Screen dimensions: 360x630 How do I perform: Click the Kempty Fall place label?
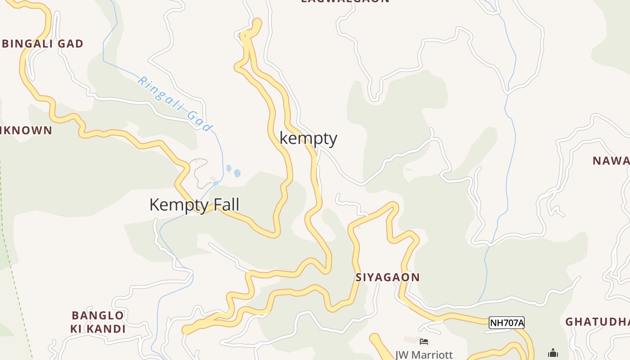tap(194, 205)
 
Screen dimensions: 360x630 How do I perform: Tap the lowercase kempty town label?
tap(308, 138)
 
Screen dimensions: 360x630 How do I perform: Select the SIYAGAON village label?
tap(387, 277)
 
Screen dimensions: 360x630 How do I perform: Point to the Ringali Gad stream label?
tap(175, 103)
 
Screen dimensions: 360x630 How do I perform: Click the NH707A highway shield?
tap(507, 323)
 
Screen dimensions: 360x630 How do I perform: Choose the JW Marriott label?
tap(424, 355)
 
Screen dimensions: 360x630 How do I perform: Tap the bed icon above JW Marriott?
tap(424, 342)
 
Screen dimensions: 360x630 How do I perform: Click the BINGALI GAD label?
tap(43, 44)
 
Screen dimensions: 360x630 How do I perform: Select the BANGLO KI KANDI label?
tap(98, 322)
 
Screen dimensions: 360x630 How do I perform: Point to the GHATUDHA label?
tap(598, 322)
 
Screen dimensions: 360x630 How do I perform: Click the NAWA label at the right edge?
tap(611, 161)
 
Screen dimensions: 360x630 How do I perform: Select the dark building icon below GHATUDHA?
tap(553, 353)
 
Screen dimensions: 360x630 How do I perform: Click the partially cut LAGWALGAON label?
tap(345, 1)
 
